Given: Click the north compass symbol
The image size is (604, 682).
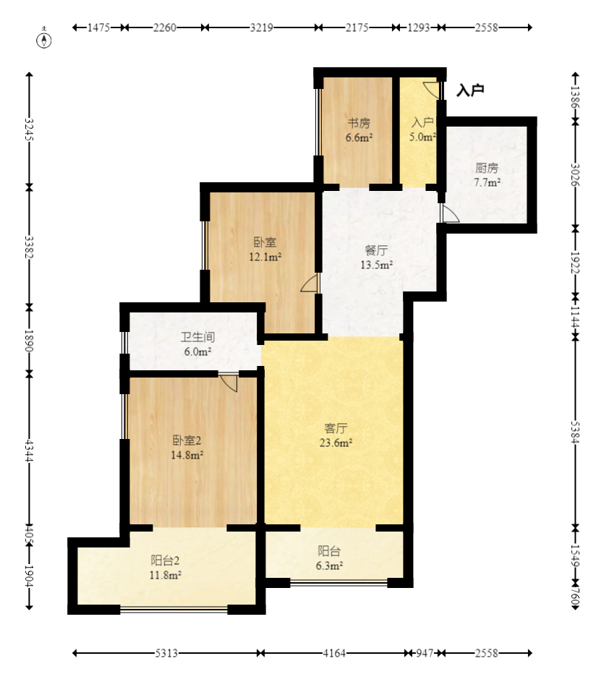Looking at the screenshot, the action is click(44, 38).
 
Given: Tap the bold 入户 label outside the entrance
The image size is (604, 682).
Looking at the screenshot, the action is click(470, 90).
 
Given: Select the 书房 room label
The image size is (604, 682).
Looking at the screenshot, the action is click(359, 123).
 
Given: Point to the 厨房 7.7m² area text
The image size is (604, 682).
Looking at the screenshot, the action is click(487, 175).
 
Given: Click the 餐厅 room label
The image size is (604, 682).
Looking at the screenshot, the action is click(376, 250).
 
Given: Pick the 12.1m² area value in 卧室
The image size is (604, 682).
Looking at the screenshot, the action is click(265, 257).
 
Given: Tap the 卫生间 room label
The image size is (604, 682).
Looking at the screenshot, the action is click(198, 336).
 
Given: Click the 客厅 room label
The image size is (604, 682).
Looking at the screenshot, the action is click(336, 428).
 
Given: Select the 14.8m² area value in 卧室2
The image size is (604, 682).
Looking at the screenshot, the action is click(187, 456).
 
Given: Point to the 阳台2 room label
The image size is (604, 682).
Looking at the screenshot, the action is click(166, 560).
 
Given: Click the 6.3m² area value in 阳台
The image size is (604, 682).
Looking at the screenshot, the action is click(329, 566).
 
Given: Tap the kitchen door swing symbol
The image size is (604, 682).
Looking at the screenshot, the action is click(450, 213).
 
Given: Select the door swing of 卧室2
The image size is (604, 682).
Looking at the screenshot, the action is click(229, 383).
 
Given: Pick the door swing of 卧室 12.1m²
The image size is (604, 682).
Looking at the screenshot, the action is click(310, 283).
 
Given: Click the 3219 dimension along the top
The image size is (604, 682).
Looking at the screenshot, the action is click(262, 27).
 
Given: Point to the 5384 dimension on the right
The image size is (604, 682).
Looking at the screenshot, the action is click(575, 432).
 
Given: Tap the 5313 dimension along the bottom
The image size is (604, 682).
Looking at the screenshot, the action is click(166, 653).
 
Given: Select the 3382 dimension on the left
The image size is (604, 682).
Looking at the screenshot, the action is click(29, 247).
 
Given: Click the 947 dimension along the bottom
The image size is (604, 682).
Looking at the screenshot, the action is click(425, 653).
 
